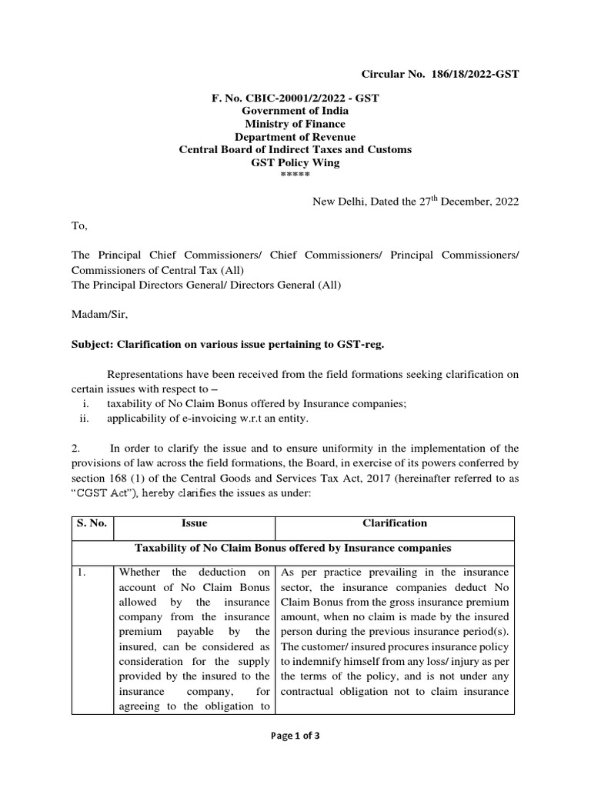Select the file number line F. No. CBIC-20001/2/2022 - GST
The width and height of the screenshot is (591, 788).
pos(295,98)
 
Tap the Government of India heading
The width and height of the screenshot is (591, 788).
pos(295,111)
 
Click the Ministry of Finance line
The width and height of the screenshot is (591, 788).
pos(295,124)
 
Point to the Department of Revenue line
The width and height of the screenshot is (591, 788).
pos(295,137)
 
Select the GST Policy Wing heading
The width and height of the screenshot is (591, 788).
pos(295,162)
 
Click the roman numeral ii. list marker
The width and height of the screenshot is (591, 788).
pos(85,419)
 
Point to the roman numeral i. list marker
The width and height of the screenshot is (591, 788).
pos(86,404)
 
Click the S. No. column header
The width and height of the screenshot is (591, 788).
pos(92,523)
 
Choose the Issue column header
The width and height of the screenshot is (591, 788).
pos(194,523)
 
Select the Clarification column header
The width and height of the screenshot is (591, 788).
pos(394,523)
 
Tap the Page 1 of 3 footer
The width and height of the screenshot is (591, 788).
pos(295,736)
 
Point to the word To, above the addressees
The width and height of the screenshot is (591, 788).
pos(80,226)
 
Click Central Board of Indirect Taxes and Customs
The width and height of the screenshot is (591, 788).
pos(295,149)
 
